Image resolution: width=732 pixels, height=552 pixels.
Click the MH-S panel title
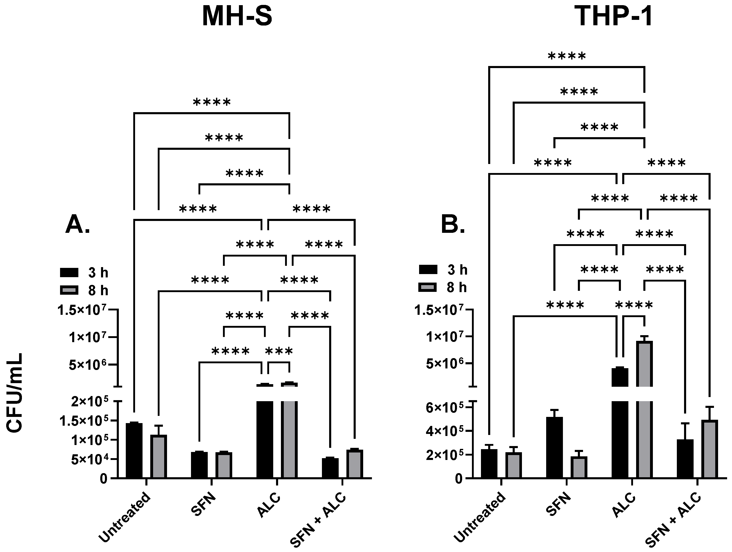(x=237, y=17)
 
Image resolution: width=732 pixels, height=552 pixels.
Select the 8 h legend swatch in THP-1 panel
(x=428, y=287)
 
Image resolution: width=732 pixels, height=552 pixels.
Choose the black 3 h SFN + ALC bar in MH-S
(x=330, y=468)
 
